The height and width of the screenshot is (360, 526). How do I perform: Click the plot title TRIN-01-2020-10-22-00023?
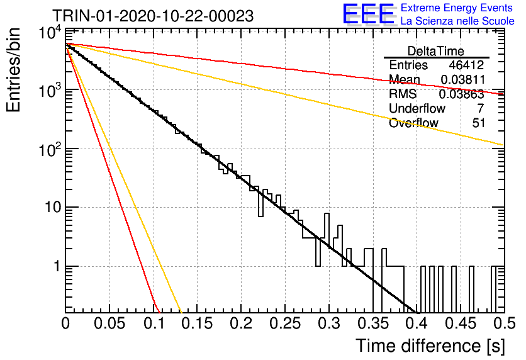pos(153,16)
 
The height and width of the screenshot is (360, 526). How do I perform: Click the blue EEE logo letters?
pos(369,14)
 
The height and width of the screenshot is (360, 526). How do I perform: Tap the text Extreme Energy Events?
pos(457,8)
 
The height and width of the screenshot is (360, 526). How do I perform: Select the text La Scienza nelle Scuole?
pos(457,21)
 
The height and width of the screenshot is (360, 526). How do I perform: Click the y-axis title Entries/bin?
pos(13,70)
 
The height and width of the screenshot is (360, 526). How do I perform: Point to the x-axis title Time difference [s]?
pos(430,346)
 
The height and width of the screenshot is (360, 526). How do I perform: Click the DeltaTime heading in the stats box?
pos(436,51)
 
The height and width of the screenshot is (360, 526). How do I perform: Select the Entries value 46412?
pos(466,65)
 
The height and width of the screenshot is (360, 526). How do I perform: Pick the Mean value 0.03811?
pos(463,79)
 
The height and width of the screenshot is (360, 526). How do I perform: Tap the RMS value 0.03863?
pos(462,94)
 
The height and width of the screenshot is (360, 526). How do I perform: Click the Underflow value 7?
pos(480,108)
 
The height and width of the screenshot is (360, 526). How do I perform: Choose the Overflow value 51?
pos(478,123)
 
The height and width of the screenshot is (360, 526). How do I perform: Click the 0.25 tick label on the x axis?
pos(285,323)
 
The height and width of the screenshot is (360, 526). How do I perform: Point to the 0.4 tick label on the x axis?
pos(417,323)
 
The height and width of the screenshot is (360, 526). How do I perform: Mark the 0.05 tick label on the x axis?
pos(109,323)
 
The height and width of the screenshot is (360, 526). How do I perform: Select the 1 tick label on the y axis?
pos(57,266)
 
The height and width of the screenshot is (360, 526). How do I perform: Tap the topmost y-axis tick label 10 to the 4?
pos(50,33)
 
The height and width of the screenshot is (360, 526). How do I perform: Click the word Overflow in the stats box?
pos(413,123)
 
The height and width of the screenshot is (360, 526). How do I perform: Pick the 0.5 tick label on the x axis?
pos(505,323)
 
